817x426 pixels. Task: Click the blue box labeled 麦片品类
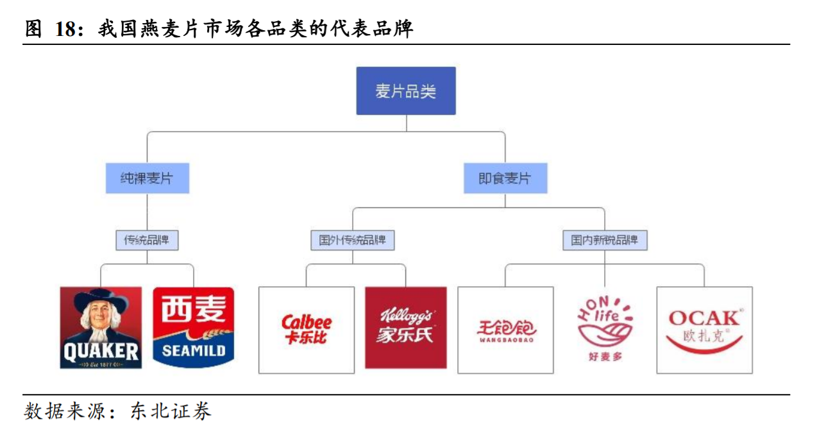pos(405,91)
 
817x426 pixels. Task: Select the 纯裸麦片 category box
pos(147,178)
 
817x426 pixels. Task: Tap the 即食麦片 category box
pos(505,178)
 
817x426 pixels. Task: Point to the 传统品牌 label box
pos(147,241)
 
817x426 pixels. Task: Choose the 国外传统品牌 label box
pos(352,241)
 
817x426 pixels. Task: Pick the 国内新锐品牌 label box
pos(605,241)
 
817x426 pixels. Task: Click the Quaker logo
pos(101,327)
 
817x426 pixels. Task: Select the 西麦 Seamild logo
pos(193,327)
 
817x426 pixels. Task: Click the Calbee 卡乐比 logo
pos(307,330)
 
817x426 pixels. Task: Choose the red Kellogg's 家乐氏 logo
pos(405,327)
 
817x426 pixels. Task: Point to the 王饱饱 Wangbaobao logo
pos(505,330)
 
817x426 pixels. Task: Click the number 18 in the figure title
pos(67,29)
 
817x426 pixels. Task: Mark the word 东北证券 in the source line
pos(171,411)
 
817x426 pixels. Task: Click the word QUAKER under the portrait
pos(101,351)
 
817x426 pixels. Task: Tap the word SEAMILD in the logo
pos(193,351)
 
